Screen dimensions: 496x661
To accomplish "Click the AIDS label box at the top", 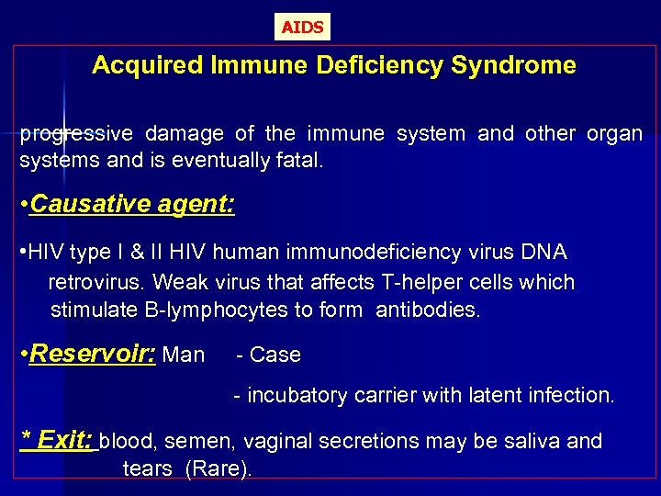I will (302, 28).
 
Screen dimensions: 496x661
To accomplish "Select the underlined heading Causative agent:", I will (131, 204).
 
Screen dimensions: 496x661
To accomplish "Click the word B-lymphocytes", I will (217, 310).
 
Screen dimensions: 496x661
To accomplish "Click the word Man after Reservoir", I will (183, 355).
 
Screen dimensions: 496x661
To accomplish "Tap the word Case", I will (274, 355).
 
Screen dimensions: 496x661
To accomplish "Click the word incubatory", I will (297, 396).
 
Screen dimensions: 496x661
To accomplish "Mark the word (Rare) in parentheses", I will (218, 468).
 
